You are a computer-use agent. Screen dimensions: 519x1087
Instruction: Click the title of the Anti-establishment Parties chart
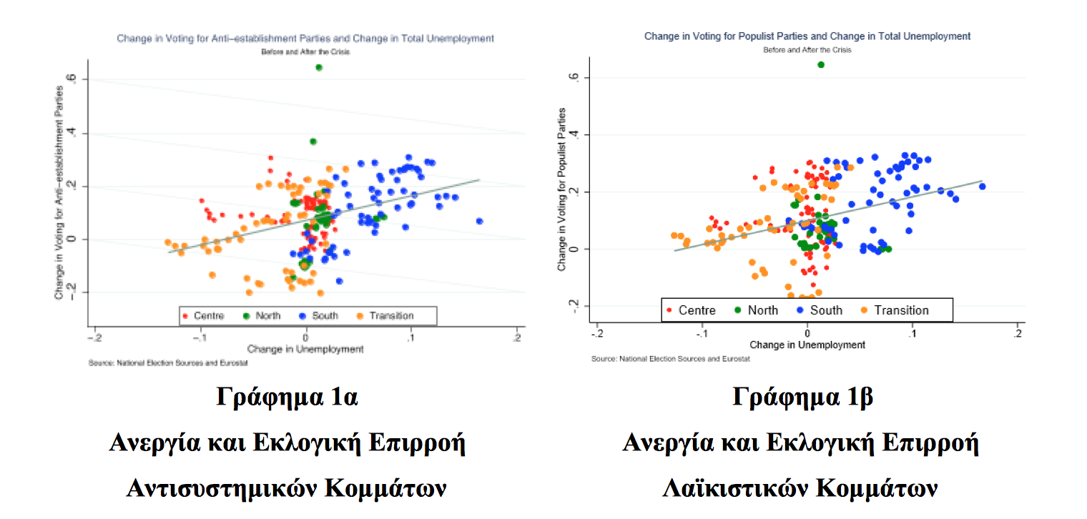[x=305, y=39]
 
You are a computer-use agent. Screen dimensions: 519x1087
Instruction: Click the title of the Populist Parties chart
[x=807, y=36]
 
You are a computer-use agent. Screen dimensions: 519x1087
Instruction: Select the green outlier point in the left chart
[x=319, y=67]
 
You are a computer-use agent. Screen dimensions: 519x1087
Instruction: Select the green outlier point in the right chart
[x=821, y=64]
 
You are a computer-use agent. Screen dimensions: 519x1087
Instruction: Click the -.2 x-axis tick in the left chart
[x=95, y=336]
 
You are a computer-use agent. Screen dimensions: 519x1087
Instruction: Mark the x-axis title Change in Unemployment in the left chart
[x=305, y=349]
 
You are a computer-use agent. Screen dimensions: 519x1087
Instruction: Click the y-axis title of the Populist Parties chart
[x=562, y=189]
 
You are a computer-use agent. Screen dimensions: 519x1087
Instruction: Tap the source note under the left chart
[x=168, y=363]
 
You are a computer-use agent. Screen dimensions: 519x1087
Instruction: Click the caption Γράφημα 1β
[x=802, y=397]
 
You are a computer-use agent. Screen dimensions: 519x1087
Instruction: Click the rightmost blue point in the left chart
[x=479, y=221]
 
